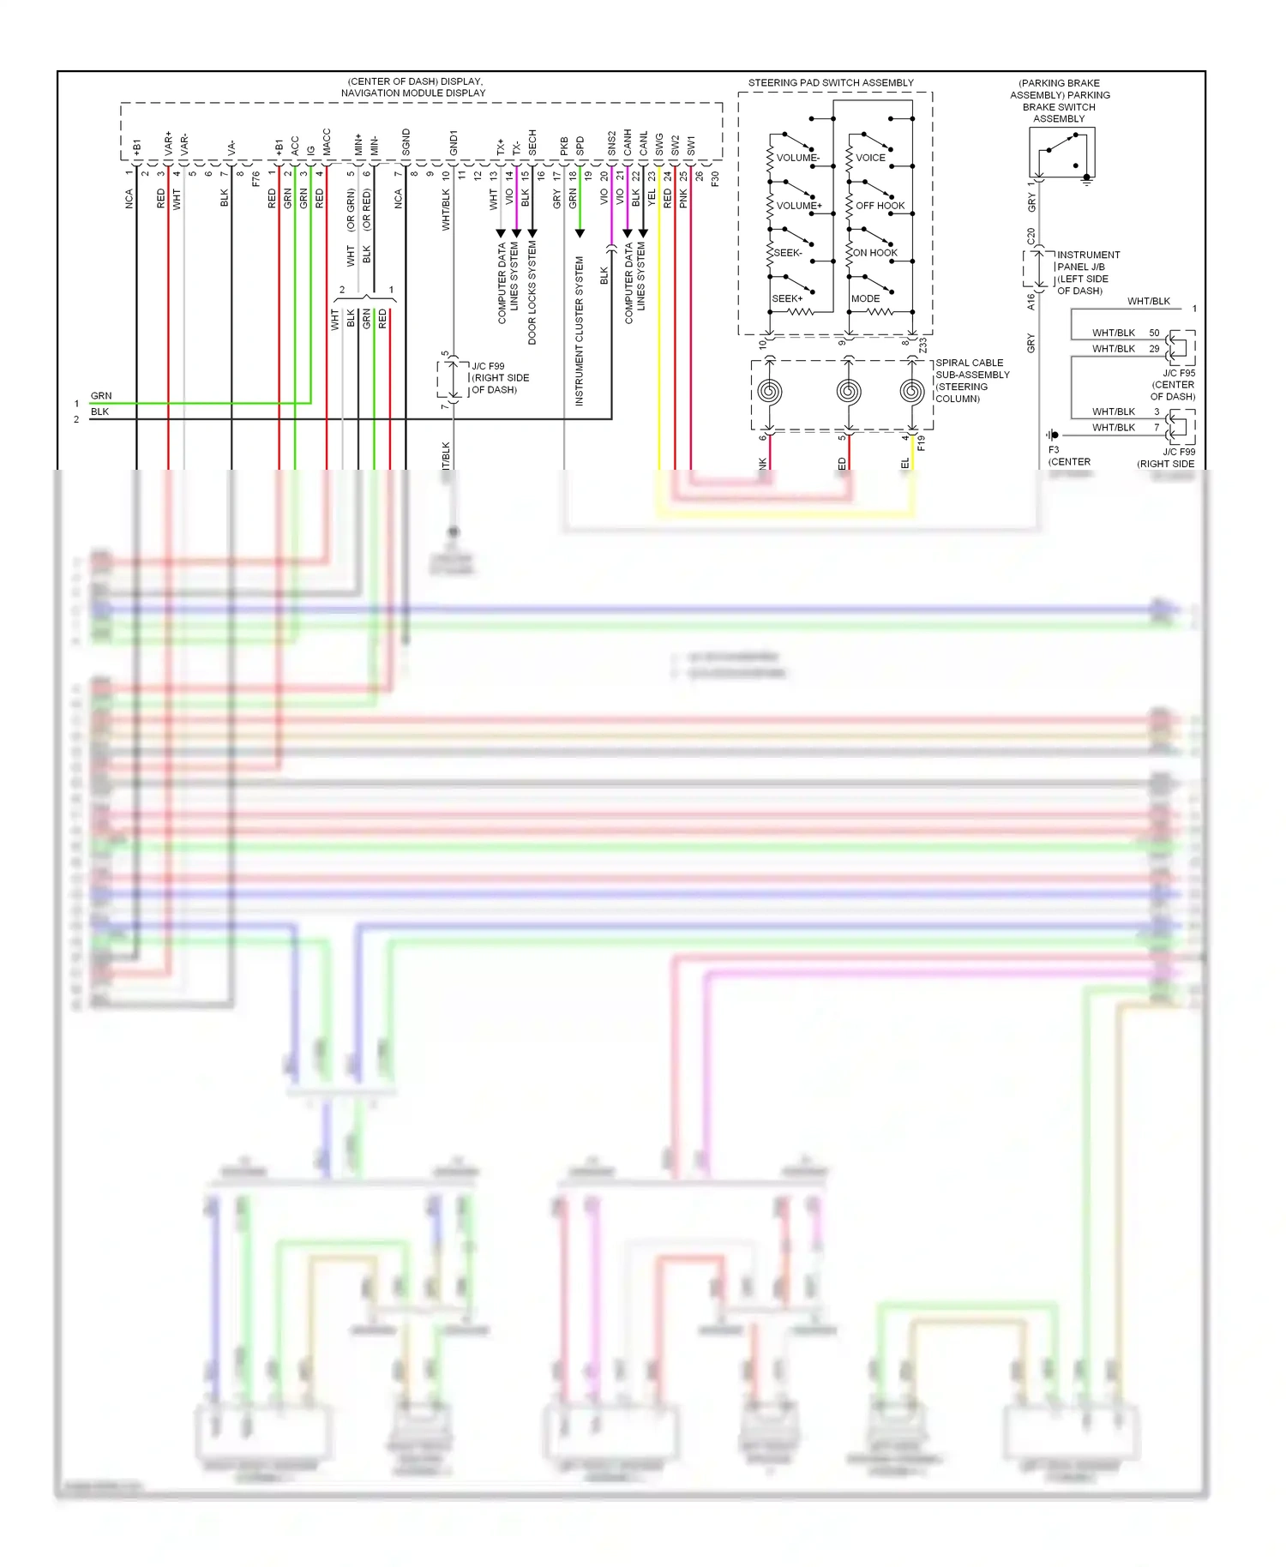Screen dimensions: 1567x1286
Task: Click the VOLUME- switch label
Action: (x=797, y=158)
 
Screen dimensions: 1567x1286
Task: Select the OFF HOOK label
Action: (x=880, y=206)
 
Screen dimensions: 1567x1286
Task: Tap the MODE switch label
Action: (x=865, y=299)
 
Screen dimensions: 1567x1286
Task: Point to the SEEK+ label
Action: (x=787, y=299)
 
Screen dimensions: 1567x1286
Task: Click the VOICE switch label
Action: (x=870, y=158)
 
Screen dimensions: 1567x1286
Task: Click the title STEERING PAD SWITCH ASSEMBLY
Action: (x=831, y=83)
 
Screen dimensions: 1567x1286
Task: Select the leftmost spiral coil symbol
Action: (x=769, y=393)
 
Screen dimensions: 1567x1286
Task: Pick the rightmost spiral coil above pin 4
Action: (x=912, y=393)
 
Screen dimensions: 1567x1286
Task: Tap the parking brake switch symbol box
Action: (x=1061, y=153)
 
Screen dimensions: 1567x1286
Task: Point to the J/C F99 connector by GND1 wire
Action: (x=452, y=379)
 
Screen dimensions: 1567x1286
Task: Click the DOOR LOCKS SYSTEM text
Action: (x=532, y=292)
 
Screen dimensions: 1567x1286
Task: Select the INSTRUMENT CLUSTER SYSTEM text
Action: (x=580, y=331)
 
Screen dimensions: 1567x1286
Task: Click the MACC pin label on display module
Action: (x=327, y=142)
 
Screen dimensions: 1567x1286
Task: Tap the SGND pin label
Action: (x=406, y=142)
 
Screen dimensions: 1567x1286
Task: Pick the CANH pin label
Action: (x=628, y=142)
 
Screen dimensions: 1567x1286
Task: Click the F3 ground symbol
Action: (x=1054, y=435)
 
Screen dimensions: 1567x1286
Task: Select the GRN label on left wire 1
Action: (x=101, y=396)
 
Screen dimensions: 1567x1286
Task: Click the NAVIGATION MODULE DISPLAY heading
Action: (x=413, y=93)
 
